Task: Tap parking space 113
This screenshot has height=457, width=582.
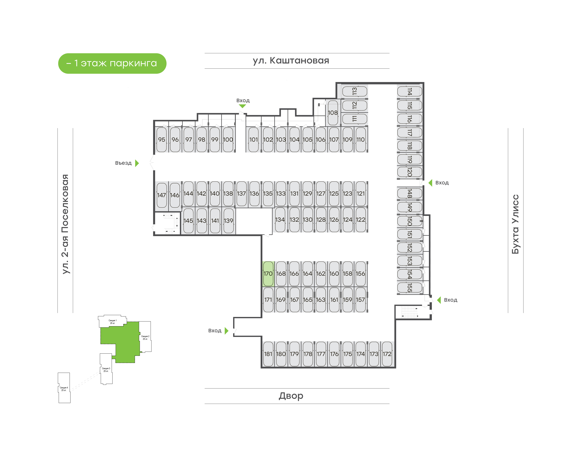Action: click(x=355, y=91)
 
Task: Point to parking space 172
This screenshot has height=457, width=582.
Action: click(x=387, y=354)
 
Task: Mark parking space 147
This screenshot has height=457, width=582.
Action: click(x=162, y=195)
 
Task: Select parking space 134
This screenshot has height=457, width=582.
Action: click(x=280, y=220)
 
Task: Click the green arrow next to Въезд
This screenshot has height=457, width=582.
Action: click(x=137, y=163)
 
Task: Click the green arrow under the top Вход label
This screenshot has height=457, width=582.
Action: click(x=242, y=106)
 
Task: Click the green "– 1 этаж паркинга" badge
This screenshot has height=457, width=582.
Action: click(x=112, y=63)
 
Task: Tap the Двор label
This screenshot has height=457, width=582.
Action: click(x=291, y=396)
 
